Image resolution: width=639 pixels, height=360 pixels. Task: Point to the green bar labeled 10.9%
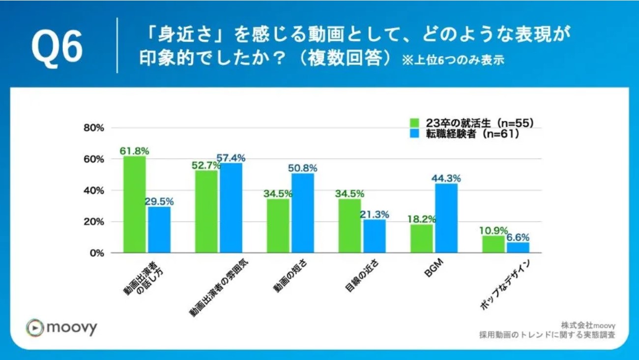coord(493,244)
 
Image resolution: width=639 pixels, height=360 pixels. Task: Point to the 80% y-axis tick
coord(93,128)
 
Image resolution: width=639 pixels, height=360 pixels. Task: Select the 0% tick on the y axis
coord(96,253)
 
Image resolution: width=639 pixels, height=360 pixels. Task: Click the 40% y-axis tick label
coord(93,190)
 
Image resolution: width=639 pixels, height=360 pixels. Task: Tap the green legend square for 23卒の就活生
coord(415,123)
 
